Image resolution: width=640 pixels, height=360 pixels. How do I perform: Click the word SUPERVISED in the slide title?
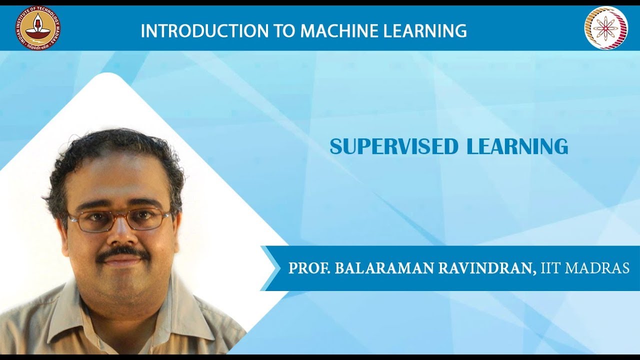(394, 146)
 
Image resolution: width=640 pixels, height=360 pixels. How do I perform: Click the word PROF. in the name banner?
(309, 268)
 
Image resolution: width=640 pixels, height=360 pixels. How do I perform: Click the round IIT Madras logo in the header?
(37, 28)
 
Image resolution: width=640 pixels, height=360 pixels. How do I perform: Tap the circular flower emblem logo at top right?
(605, 28)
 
